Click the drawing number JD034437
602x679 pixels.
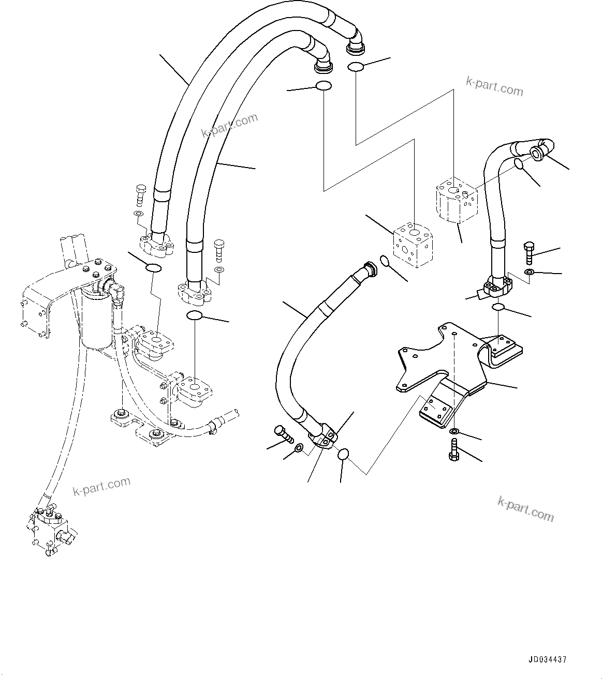[547, 660]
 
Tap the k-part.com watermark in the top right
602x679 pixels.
[494, 86]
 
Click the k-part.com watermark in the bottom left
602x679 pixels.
[101, 486]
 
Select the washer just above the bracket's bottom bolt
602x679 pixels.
[454, 431]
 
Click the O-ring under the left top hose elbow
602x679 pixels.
[323, 86]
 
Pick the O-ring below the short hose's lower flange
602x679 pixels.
[343, 455]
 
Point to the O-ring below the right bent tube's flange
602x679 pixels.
[498, 308]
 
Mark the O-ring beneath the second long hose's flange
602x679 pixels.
[195, 316]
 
